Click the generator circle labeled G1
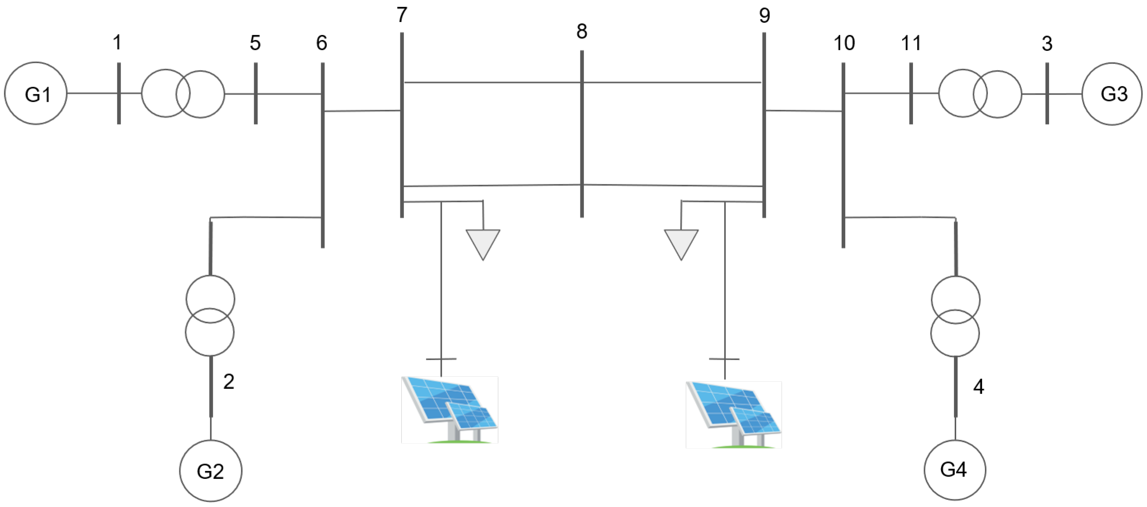[36, 93]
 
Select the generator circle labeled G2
[211, 471]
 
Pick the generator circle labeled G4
[955, 470]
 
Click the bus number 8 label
[581, 32]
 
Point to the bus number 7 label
[402, 15]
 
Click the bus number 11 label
[910, 43]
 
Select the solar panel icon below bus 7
[449, 410]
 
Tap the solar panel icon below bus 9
[733, 414]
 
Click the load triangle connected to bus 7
[483, 242]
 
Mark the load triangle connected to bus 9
[681, 242]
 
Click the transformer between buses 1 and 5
[183, 94]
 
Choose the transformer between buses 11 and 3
[980, 94]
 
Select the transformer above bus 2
[210, 315]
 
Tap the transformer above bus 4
[955, 316]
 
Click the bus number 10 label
[844, 43]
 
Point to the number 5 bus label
[255, 43]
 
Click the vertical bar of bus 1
[119, 94]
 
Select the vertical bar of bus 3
[1047, 94]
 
